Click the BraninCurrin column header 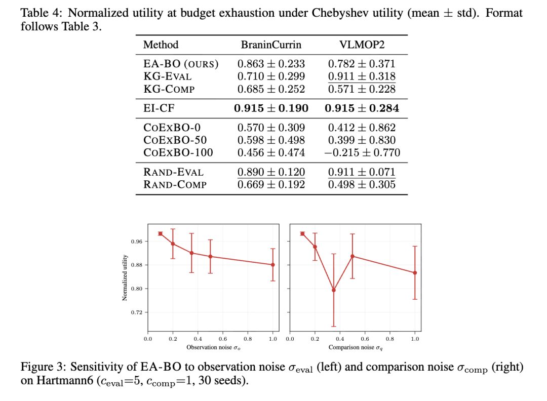coord(271,45)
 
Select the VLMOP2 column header coord(362,45)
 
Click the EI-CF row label coord(159,108)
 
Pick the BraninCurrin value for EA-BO coord(271,64)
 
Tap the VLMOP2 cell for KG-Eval coord(362,76)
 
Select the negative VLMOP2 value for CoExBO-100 coord(362,153)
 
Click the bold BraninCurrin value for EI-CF coord(271,108)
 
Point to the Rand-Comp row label coord(175,184)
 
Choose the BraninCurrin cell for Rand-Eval coord(271,172)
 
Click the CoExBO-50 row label coord(175,140)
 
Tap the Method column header coord(161,45)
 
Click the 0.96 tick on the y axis coord(137,242)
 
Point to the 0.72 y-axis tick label coord(137,312)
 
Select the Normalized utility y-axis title coord(125,277)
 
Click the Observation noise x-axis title coord(213,347)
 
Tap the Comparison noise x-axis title coord(356,347)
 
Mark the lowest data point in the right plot coord(334,290)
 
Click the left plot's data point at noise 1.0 coord(273,265)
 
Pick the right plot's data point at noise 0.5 coord(353,256)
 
